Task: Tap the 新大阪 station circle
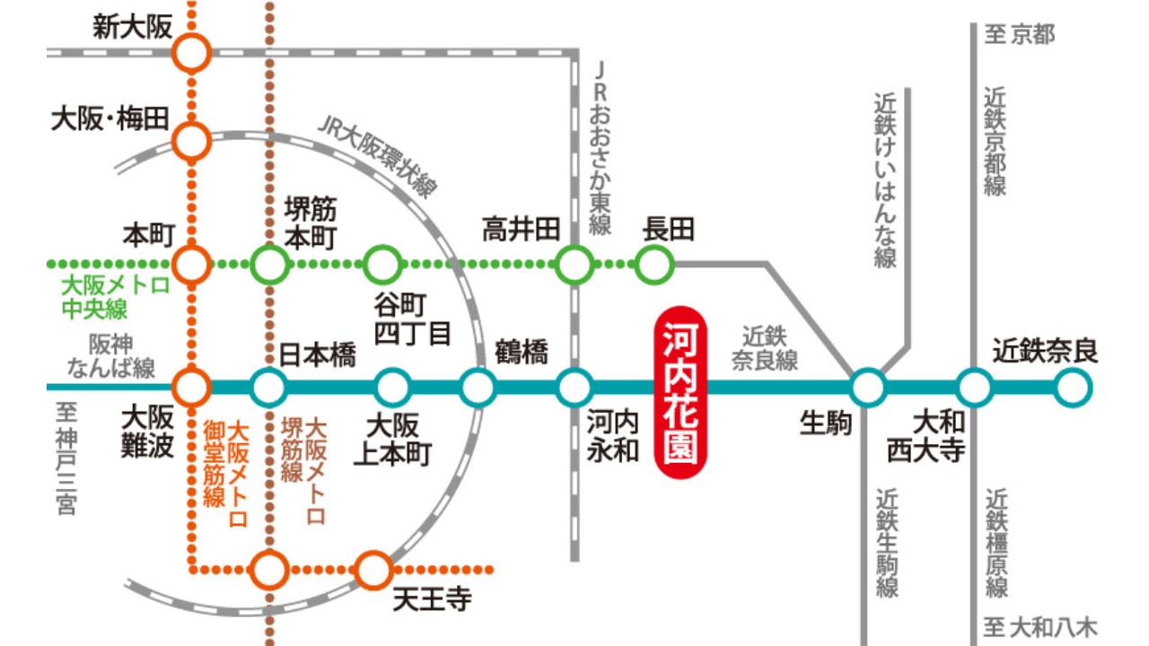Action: click(x=191, y=52)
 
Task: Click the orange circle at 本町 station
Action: click(x=191, y=265)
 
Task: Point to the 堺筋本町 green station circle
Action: click(x=269, y=265)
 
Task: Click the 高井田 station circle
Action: click(x=574, y=265)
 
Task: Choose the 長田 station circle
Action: click(x=655, y=265)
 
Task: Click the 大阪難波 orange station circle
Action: click(x=191, y=388)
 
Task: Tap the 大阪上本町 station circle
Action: click(x=392, y=388)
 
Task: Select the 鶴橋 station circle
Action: click(x=478, y=388)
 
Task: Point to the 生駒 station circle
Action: click(x=867, y=388)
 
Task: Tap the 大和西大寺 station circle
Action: click(x=974, y=388)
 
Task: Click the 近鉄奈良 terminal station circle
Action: click(x=1072, y=388)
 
